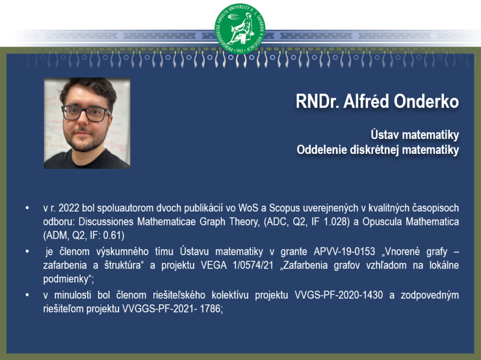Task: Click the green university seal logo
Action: pos(240,28)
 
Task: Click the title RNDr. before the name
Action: pos(317,101)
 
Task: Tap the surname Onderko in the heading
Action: pos(426,101)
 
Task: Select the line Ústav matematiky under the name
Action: pos(415,135)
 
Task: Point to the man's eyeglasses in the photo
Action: pos(86,113)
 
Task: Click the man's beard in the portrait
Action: pos(84,141)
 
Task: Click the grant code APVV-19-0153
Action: pos(344,252)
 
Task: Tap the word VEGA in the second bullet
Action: pos(213,265)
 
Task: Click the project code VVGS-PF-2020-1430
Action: pos(339,295)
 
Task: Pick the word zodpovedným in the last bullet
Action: pos(430,295)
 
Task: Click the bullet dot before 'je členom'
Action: pos(27,252)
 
